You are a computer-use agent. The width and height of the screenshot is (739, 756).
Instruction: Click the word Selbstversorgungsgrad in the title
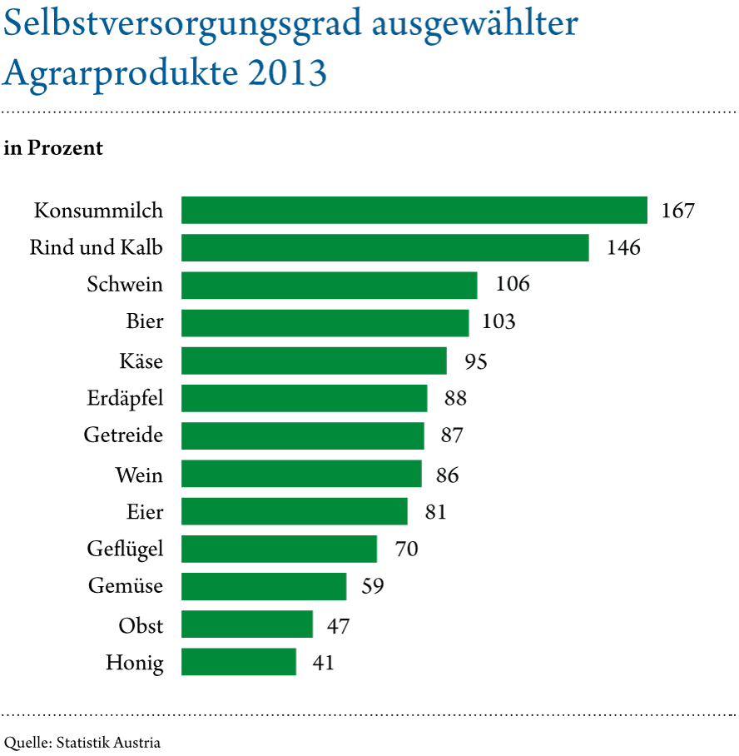tap(182, 26)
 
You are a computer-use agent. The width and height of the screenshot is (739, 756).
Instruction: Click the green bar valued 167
tap(414, 211)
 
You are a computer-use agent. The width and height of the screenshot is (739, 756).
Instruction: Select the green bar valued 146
tap(384, 248)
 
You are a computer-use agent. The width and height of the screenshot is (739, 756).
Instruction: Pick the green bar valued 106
tap(329, 286)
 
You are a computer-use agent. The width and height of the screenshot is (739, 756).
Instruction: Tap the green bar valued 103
tap(325, 323)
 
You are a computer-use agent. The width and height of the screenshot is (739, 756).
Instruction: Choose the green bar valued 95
tap(314, 361)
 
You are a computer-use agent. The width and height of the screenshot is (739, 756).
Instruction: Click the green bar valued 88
tap(304, 398)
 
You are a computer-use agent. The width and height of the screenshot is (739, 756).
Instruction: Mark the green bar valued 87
tap(303, 435)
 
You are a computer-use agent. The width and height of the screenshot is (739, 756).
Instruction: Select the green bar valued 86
tap(301, 474)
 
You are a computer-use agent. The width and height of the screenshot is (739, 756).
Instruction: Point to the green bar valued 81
tap(295, 511)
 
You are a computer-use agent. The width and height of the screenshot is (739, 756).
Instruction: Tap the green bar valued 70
tap(279, 549)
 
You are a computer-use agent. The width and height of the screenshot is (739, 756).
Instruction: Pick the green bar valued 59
tap(264, 586)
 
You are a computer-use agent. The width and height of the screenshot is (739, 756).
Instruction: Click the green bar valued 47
tap(247, 624)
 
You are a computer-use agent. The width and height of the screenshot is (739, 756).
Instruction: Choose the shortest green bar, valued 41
tap(239, 662)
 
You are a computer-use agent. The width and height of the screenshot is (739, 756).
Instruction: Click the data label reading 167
tap(677, 211)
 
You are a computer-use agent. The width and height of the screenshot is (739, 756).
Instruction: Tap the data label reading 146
tap(623, 248)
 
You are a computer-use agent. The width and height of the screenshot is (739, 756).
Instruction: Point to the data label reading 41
tap(323, 664)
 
